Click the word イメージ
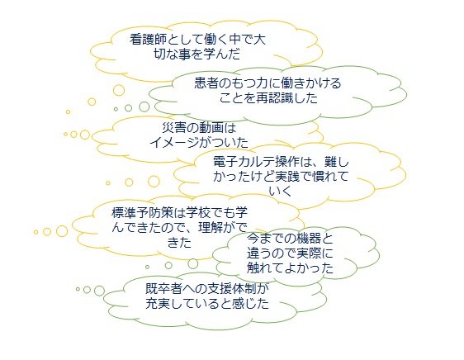coord(174,143)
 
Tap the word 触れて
coord(266,268)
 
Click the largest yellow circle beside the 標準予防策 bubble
coord(62,231)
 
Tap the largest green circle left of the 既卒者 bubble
coord(99,291)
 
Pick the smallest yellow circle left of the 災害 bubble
coord(66,134)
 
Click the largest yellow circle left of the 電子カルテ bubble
coord(154,182)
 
